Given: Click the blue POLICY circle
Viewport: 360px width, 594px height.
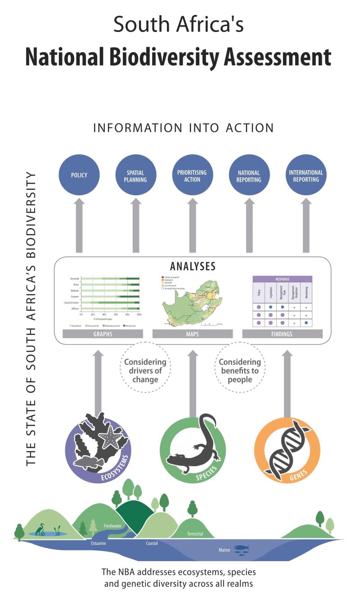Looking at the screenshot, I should coord(79,175).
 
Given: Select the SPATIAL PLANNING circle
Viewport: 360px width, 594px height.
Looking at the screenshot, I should coord(135,175).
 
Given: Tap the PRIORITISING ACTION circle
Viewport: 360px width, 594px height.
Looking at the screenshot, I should coord(192,175).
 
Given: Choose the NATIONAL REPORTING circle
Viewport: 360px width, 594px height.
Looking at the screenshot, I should coord(249,175).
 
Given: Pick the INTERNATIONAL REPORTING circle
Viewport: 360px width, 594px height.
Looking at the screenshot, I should coord(306,175).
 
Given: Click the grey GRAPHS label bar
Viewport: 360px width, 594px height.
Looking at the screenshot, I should coord(103,333).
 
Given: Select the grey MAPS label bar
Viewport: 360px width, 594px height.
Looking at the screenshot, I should coord(193,333).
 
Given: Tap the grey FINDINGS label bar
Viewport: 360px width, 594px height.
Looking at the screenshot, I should coord(282,333).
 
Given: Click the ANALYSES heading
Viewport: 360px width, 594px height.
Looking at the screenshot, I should coord(193,266).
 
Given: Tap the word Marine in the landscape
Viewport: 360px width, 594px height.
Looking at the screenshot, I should coord(225,549).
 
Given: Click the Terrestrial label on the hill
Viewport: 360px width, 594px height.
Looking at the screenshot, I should coord(195,534).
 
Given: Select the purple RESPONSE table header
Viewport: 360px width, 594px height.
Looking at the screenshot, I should coord(283,279).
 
